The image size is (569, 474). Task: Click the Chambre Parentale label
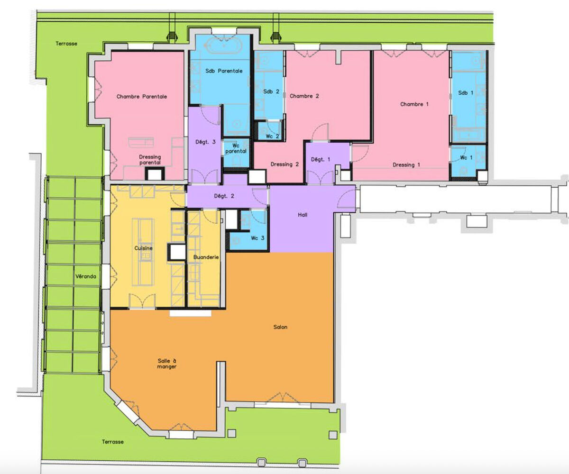point(142,96)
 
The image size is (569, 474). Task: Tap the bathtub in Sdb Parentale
point(224,46)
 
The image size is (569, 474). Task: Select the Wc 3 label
point(257,238)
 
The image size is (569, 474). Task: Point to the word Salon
point(280,327)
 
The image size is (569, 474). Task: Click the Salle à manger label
point(167,364)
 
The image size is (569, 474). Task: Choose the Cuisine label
point(143,248)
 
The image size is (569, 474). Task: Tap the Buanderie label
point(206,257)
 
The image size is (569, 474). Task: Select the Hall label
point(303,215)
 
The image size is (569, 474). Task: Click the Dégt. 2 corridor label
point(224,196)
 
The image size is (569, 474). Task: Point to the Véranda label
point(85,276)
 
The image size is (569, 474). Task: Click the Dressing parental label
point(150,160)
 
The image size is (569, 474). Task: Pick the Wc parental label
point(236,148)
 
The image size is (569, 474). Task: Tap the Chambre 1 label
point(414,104)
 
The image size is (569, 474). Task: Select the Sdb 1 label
point(466,93)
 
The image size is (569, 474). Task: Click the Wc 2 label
point(272,136)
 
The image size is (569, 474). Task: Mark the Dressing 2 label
point(284,164)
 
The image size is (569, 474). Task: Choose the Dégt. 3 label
point(205,142)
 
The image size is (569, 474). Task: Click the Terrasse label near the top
point(66,44)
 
